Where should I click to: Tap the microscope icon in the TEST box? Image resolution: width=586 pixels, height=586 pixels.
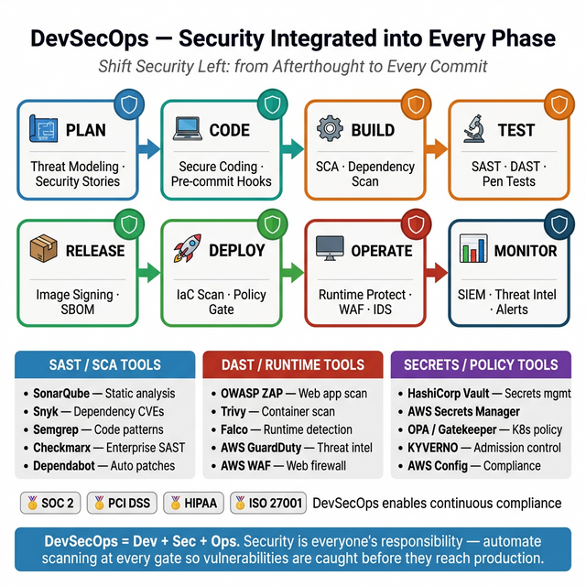(473, 129)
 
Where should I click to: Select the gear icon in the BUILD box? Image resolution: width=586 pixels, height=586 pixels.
(330, 129)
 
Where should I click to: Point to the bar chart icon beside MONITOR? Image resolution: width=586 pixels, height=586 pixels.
(473, 250)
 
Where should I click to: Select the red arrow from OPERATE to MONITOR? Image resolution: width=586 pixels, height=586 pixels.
(437, 271)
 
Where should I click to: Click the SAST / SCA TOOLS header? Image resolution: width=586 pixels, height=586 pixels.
(104, 364)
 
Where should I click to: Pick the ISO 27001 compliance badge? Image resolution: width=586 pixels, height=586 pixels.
(266, 503)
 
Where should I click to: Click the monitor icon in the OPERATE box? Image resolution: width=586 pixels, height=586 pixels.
(330, 250)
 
